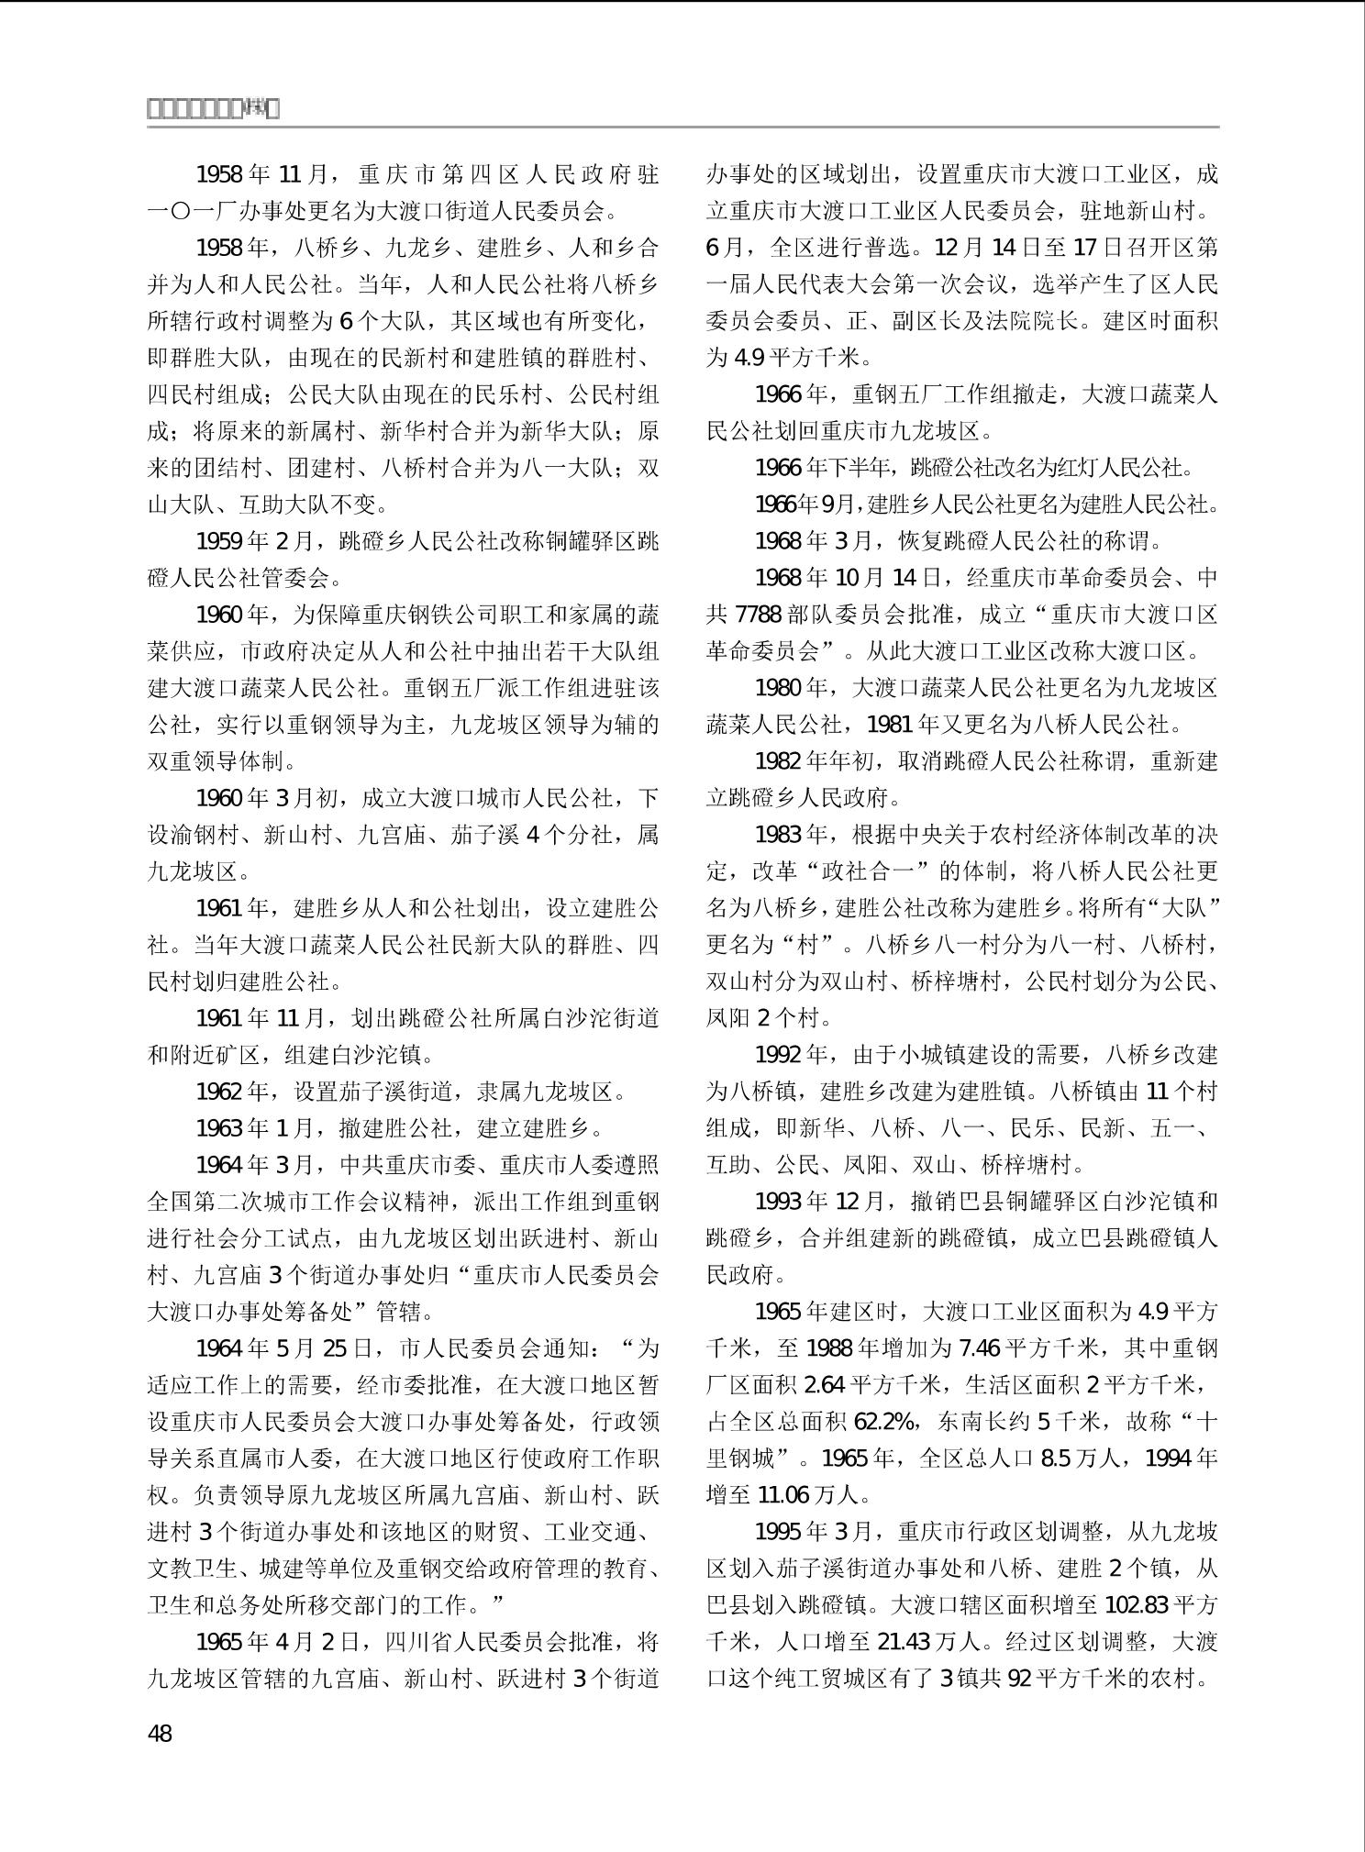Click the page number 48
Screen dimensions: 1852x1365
[160, 1734]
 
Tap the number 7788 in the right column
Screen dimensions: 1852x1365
[759, 615]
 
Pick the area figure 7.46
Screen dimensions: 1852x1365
[979, 1348]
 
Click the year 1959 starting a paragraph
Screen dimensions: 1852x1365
[220, 541]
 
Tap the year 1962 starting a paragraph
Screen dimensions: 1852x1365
[220, 1092]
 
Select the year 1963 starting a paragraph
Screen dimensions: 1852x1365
[220, 1128]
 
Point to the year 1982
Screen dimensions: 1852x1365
[779, 761]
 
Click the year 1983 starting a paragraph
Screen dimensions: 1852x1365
[779, 835]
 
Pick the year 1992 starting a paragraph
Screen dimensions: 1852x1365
[779, 1055]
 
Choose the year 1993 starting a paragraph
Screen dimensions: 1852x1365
[779, 1202]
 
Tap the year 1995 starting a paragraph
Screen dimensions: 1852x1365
[779, 1532]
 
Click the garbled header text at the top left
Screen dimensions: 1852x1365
[213, 109]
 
